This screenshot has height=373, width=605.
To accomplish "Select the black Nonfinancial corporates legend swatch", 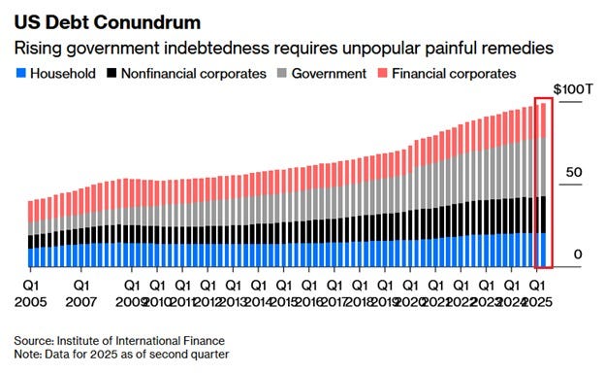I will point(114,73).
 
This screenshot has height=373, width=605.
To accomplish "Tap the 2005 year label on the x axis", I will point(32,303).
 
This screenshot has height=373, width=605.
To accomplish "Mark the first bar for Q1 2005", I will point(31,234).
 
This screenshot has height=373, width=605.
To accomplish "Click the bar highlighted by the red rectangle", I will point(543,185).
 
